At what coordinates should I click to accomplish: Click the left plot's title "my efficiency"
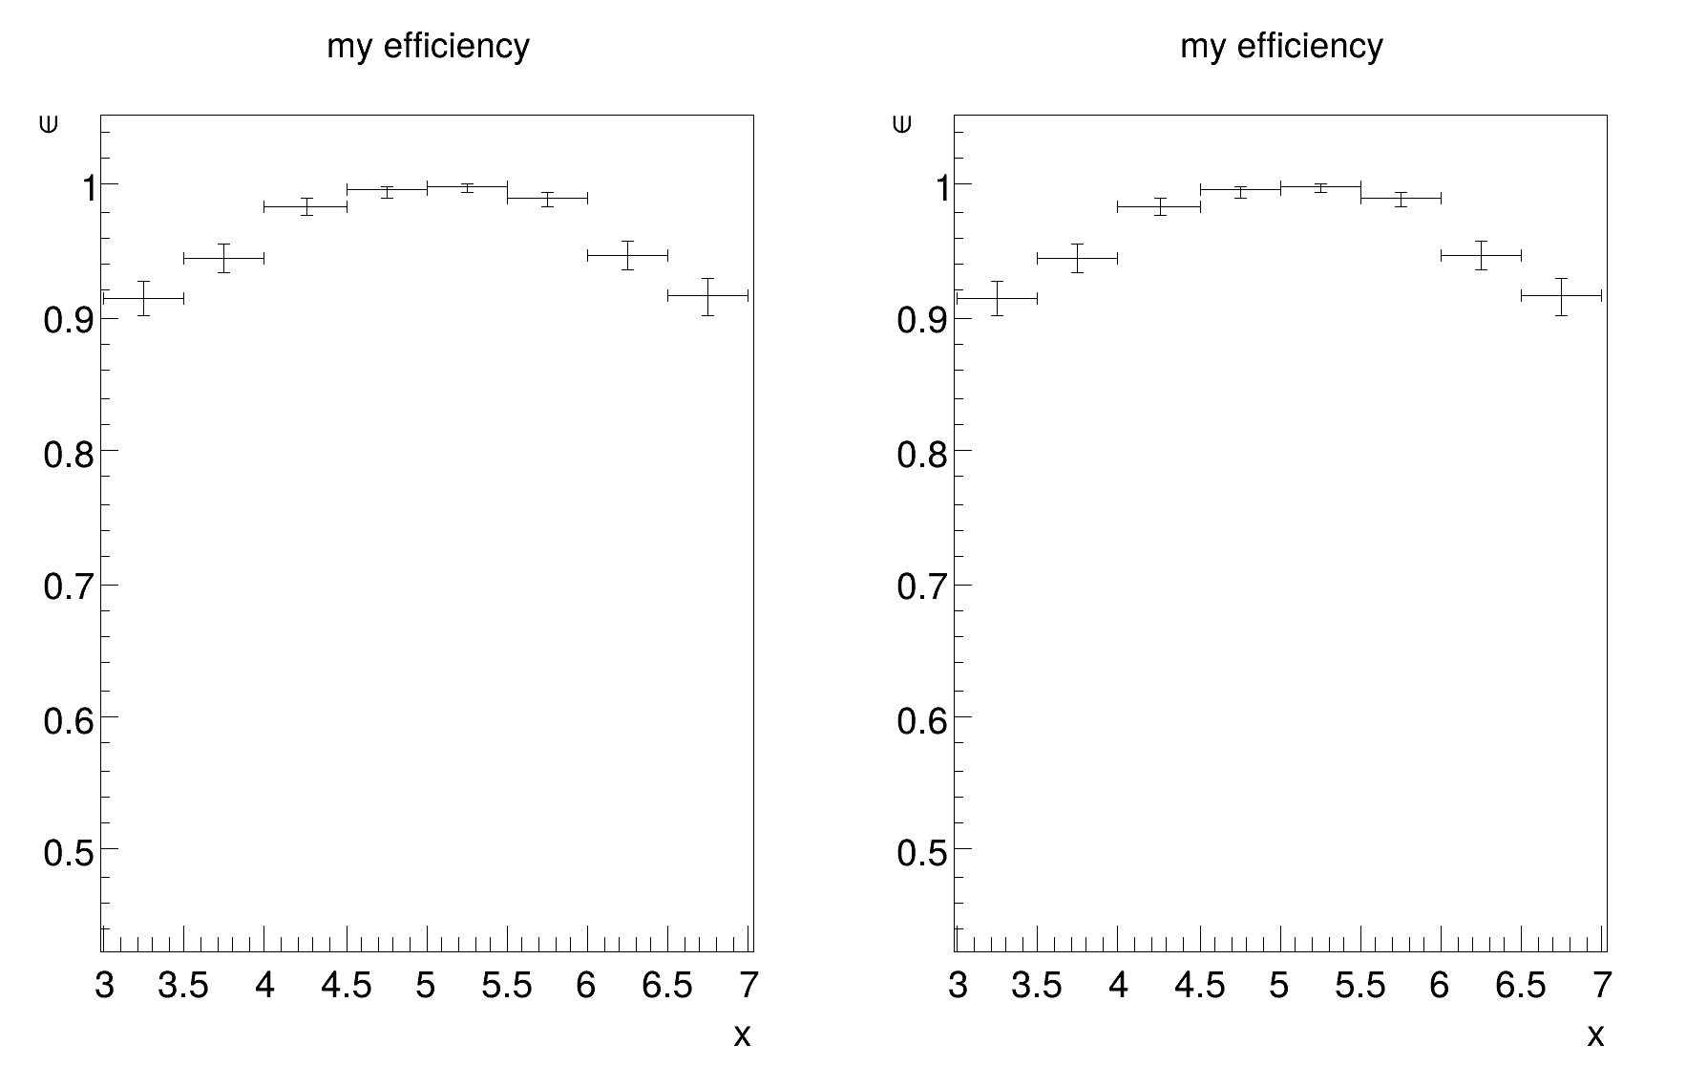pyautogui.click(x=428, y=46)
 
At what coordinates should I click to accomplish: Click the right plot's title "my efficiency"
pyautogui.click(x=1281, y=46)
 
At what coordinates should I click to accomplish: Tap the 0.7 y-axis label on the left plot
pyautogui.click(x=69, y=586)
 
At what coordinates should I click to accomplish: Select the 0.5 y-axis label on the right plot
pyautogui.click(x=922, y=851)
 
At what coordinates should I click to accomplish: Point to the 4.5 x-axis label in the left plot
pyautogui.click(x=347, y=986)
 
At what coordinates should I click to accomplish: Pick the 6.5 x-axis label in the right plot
pyautogui.click(x=1521, y=986)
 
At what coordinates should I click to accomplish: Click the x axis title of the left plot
pyautogui.click(x=742, y=1035)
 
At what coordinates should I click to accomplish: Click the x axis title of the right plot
pyautogui.click(x=1595, y=1035)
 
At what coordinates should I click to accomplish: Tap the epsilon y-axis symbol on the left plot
pyautogui.click(x=49, y=123)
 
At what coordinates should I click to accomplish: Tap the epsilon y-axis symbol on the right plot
pyautogui.click(x=902, y=123)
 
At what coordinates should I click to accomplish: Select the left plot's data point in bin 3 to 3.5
pyautogui.click(x=143, y=299)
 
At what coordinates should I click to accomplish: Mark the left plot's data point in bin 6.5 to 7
pyautogui.click(x=707, y=296)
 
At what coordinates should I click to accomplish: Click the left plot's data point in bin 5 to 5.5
pyautogui.click(x=467, y=187)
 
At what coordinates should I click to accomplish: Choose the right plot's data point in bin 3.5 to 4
pyautogui.click(x=1077, y=258)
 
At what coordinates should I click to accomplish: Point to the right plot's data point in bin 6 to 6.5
pyautogui.click(x=1481, y=255)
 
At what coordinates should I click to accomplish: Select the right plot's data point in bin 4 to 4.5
pyautogui.click(x=1159, y=206)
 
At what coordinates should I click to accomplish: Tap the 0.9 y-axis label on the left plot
pyautogui.click(x=69, y=320)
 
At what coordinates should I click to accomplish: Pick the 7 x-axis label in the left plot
pyautogui.click(x=748, y=986)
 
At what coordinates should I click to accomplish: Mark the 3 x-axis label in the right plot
pyautogui.click(x=959, y=986)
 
